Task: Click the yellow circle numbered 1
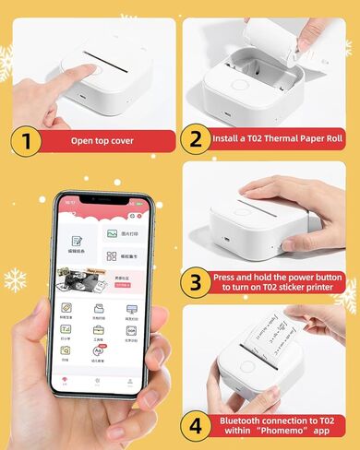[27, 141]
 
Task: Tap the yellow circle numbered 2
[194, 141]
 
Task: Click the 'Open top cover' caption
[102, 141]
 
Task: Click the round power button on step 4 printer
[246, 366]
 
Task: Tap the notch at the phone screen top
[102, 199]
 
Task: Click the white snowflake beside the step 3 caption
[346, 293]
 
